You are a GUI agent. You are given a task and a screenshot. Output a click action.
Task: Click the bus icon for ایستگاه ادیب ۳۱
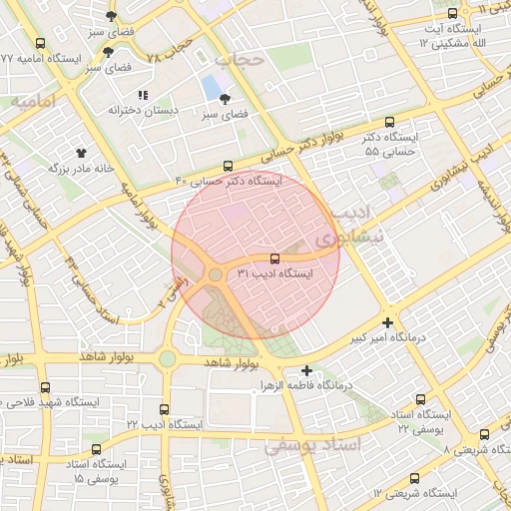[274, 258]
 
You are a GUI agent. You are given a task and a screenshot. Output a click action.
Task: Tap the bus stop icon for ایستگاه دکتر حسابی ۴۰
[229, 167]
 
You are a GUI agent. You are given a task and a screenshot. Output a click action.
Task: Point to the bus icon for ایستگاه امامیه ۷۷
[40, 44]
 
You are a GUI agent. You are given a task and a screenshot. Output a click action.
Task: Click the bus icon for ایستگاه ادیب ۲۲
[164, 409]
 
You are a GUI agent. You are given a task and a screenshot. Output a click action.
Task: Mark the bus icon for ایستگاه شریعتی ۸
[484, 434]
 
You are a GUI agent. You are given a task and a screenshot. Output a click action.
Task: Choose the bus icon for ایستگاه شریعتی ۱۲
[414, 478]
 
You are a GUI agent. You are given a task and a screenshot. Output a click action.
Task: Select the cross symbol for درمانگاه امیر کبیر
[387, 322]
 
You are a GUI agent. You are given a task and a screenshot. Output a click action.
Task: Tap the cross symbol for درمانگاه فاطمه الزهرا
[307, 370]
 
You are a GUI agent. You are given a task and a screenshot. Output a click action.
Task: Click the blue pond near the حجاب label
[212, 88]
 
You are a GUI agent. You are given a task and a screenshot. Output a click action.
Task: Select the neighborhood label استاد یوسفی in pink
[312, 444]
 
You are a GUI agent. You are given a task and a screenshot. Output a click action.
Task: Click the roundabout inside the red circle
[215, 274]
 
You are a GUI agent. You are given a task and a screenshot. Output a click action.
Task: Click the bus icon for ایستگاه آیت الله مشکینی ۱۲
[453, 14]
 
